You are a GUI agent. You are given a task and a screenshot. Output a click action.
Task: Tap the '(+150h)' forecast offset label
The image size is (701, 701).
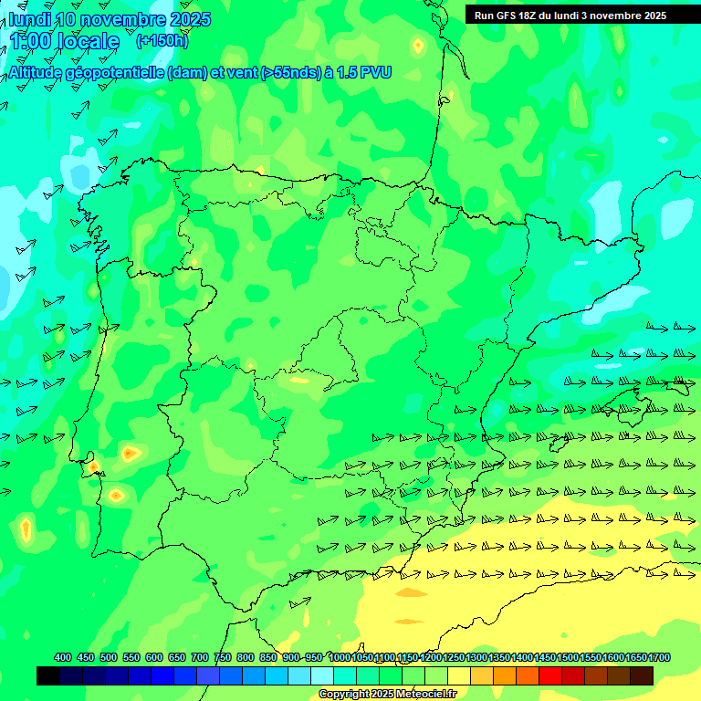coord(162,41)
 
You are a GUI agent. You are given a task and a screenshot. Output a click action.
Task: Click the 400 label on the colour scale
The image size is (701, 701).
coord(63,657)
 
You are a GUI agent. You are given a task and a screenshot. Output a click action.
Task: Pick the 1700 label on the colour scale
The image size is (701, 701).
coord(659,657)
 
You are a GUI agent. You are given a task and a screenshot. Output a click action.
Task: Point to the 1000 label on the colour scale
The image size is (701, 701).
coord(340,657)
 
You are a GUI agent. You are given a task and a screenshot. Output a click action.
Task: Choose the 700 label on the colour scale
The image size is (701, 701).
coord(200,657)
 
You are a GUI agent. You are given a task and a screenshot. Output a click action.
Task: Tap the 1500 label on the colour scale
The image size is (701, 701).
coord(568,657)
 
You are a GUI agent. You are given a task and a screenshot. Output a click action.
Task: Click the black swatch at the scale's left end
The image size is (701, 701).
coord(48,675)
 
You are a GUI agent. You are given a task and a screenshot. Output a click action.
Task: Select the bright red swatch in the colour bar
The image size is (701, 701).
coord(549,675)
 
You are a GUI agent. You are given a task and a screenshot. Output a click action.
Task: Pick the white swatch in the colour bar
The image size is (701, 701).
coord(321,675)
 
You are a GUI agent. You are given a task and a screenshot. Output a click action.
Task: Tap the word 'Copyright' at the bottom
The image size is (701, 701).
coord(343,695)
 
